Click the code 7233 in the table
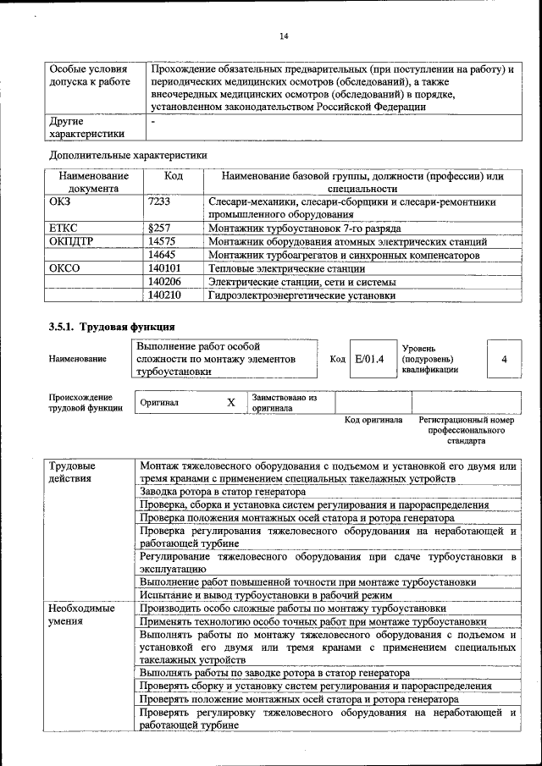[x=158, y=202]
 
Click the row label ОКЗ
[x=62, y=202]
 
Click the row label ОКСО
[x=65, y=268]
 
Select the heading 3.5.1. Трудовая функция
[x=112, y=327]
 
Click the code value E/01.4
[x=369, y=359]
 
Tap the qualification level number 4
[x=505, y=359]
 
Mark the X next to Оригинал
[x=230, y=403]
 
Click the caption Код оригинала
[x=373, y=420]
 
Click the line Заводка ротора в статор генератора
[x=223, y=492]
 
